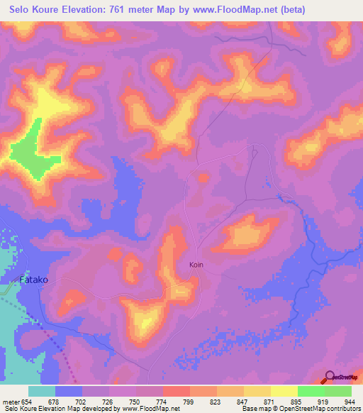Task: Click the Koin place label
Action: click(x=197, y=265)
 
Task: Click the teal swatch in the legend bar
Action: click(x=42, y=391)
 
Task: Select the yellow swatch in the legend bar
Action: click(x=283, y=391)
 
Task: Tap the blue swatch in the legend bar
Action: click(x=69, y=391)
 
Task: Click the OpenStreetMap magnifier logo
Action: click(x=330, y=378)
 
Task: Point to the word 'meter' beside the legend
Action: click(x=12, y=401)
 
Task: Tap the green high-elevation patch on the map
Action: click(x=32, y=153)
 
